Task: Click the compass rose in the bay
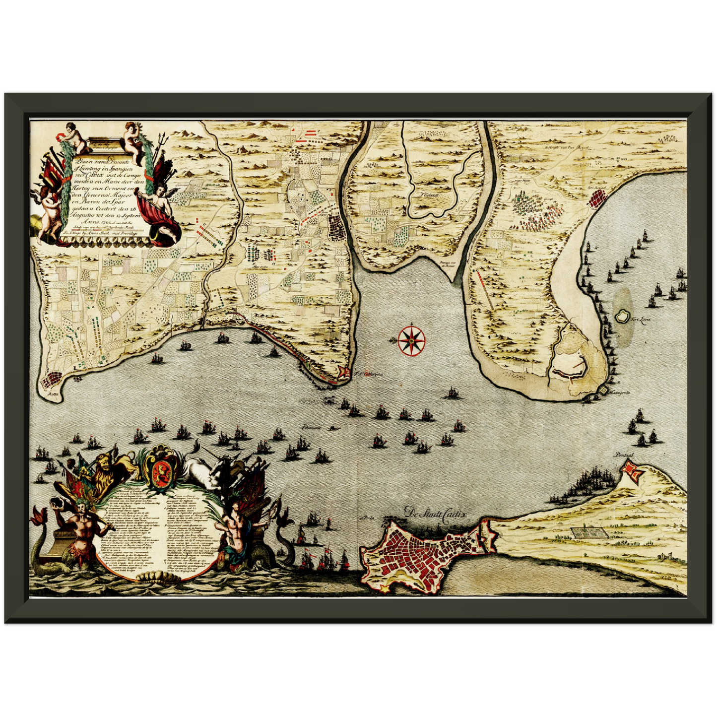tap(411, 340)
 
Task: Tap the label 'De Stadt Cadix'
tap(435, 514)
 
